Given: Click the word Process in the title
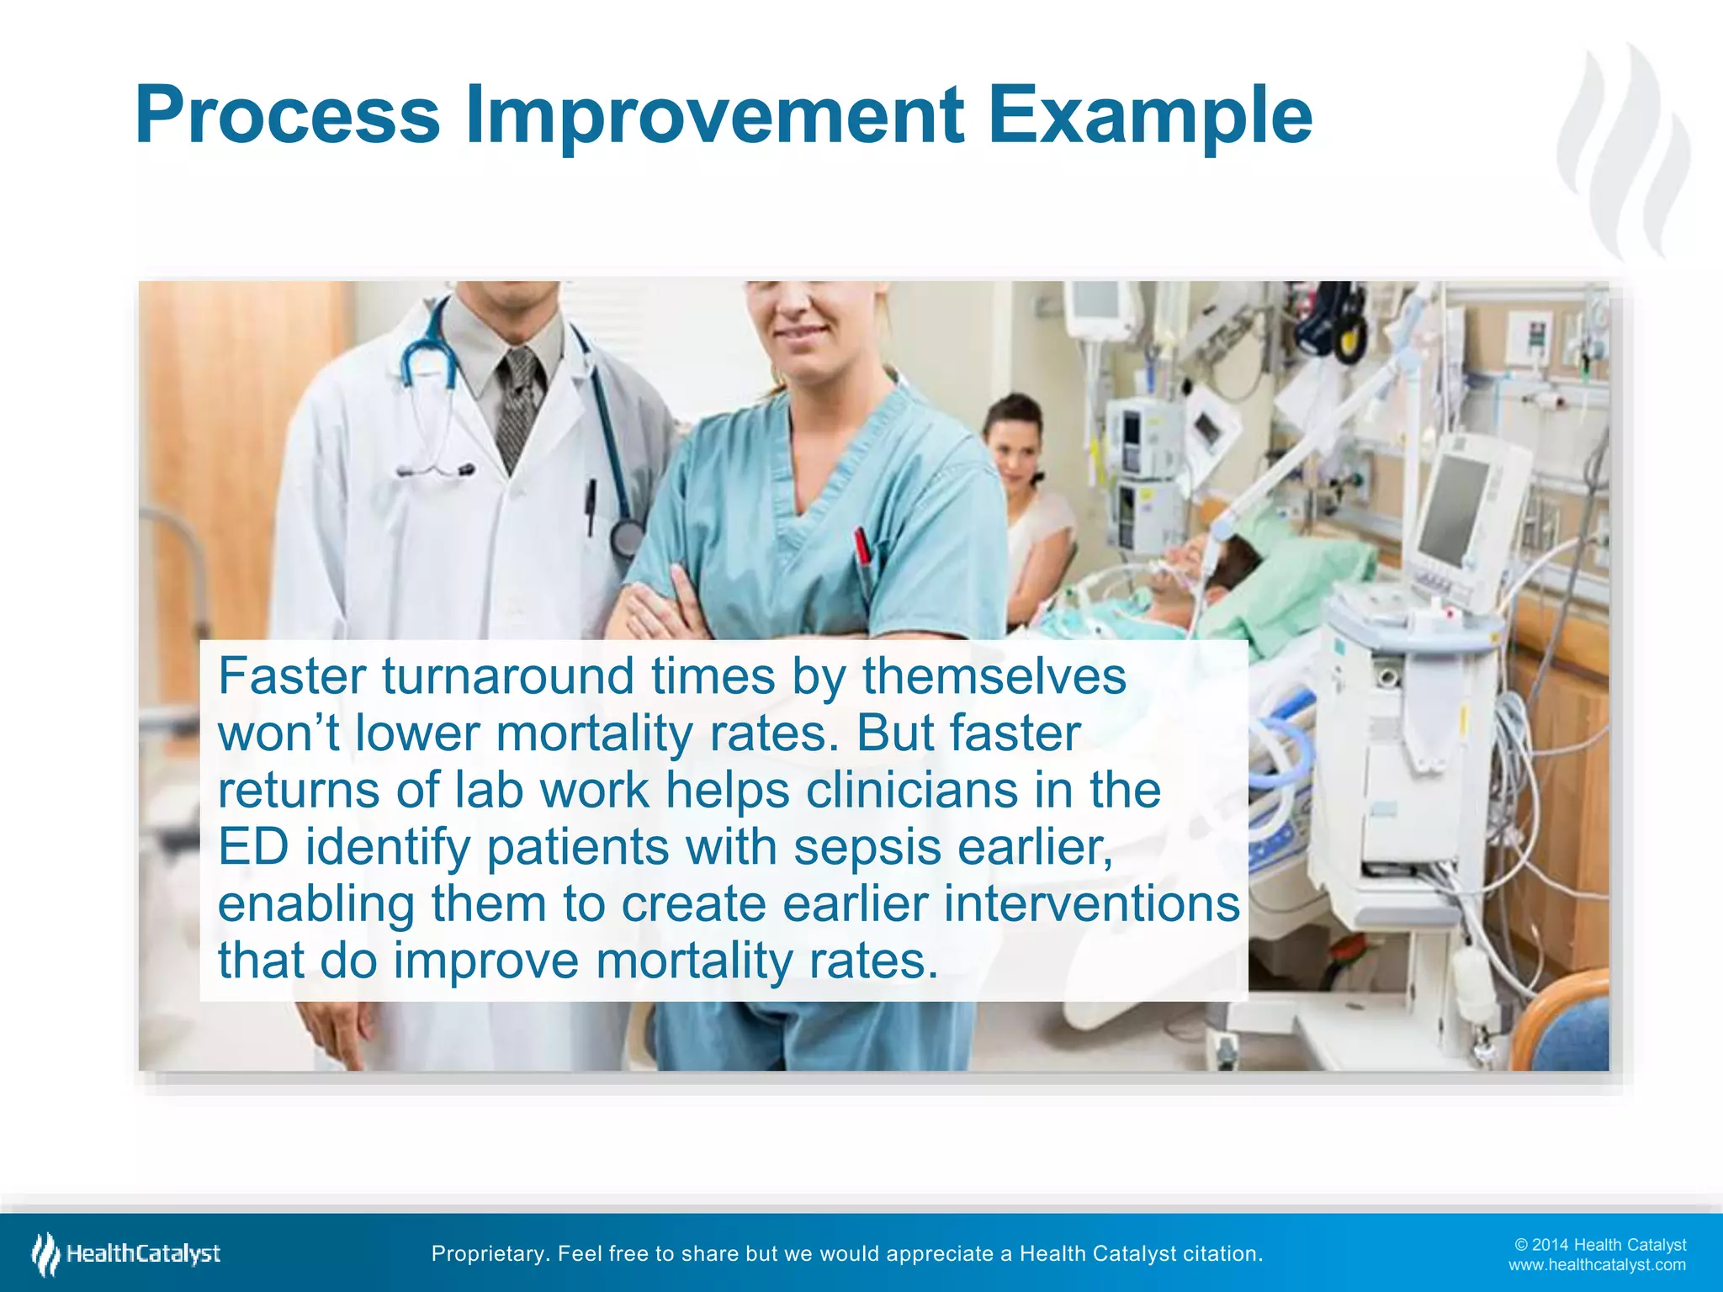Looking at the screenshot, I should click(287, 115).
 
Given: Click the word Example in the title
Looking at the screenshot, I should click(1149, 115).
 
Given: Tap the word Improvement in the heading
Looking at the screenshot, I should click(714, 115).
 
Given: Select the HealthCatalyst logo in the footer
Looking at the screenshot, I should click(126, 1254).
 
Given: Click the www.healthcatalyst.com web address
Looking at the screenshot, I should click(1597, 1265).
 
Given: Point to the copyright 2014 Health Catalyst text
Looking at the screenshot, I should click(1600, 1245).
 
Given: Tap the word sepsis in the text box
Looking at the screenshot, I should click(867, 847).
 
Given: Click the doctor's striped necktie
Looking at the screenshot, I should click(517, 404).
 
